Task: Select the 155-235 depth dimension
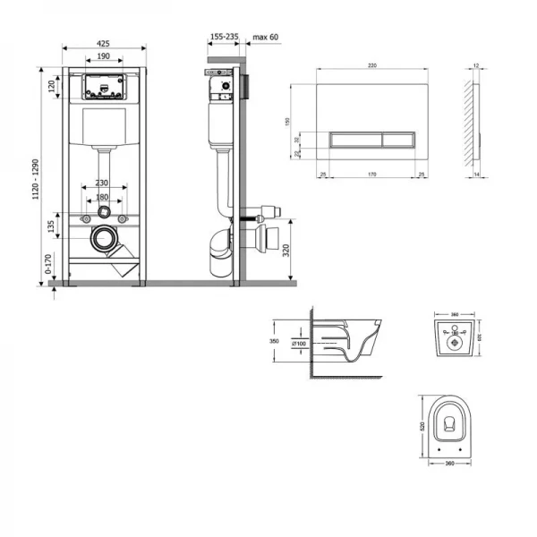(224, 38)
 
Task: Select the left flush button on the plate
(355, 140)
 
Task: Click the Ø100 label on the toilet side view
(301, 344)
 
